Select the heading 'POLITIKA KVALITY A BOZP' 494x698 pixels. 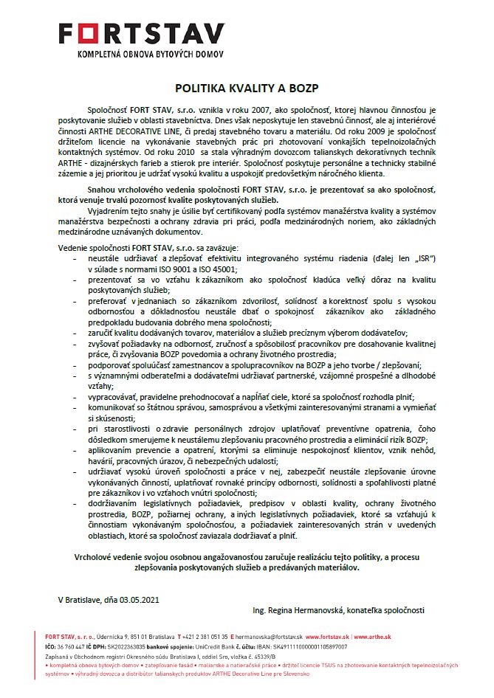click(x=246, y=87)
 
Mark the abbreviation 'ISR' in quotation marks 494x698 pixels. click(x=421, y=260)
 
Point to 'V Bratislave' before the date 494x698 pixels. click(x=78, y=598)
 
